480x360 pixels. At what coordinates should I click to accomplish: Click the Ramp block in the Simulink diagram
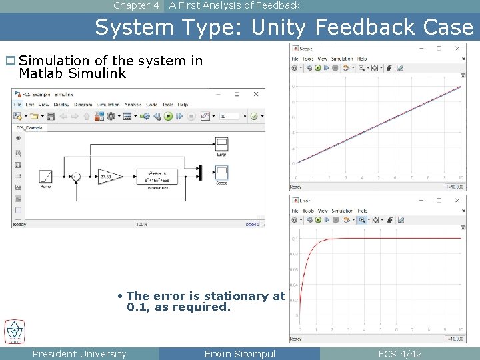45,177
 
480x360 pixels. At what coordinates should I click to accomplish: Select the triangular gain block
109,176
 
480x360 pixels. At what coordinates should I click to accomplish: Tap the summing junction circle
76,177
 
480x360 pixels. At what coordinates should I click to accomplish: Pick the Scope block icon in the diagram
222,173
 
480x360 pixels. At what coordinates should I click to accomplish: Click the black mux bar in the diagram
199,172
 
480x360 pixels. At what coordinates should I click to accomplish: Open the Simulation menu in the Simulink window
108,105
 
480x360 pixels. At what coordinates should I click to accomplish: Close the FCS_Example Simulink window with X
255,95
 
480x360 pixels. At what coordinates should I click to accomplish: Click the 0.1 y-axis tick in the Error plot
295,238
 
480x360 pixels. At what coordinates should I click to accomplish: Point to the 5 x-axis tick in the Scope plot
379,178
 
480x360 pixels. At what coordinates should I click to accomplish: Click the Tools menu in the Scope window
308,59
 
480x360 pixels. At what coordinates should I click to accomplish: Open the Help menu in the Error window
363,211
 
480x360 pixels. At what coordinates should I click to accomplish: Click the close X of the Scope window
457,48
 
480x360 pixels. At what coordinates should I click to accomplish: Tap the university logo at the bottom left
15,331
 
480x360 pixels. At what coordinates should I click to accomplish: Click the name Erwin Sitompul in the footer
239,354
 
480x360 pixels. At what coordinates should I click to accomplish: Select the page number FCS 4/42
400,354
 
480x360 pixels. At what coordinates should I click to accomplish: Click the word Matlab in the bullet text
41,74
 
